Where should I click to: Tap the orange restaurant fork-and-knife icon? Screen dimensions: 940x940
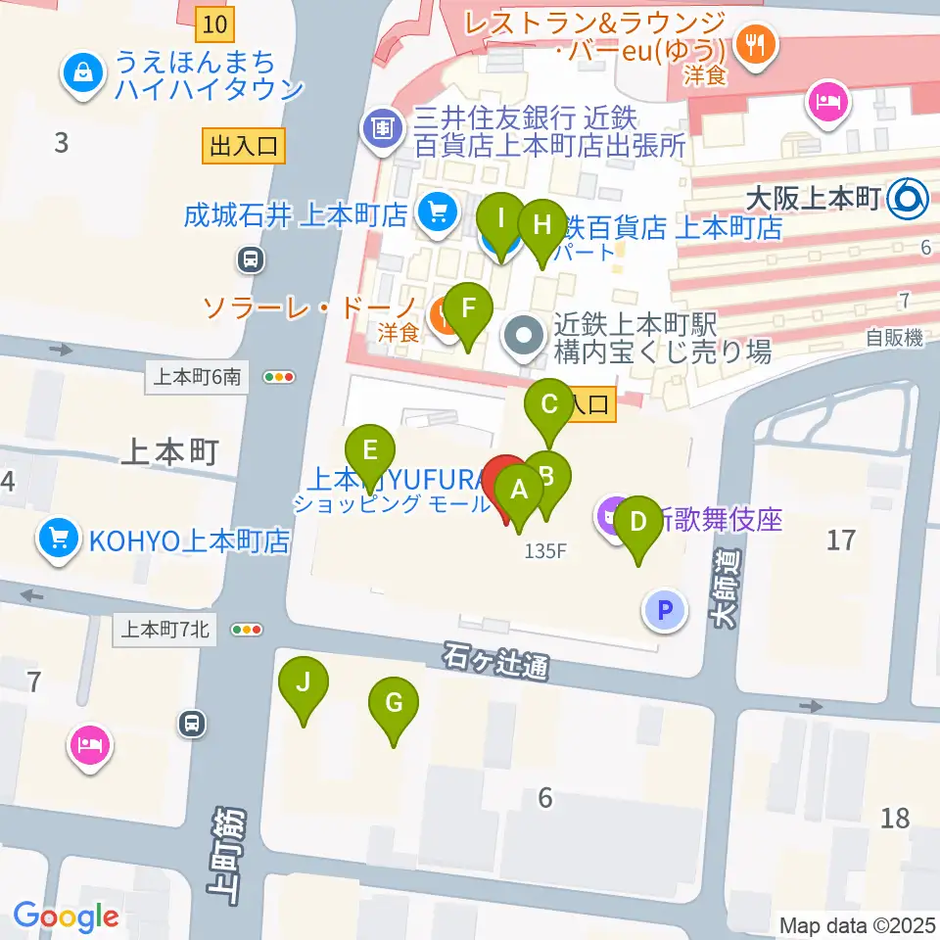[755, 43]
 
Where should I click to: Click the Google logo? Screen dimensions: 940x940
[66, 917]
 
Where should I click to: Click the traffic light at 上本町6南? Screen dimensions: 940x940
[279, 376]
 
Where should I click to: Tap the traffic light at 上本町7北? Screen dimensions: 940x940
[246, 630]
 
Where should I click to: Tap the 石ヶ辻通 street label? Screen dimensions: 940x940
[493, 662]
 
